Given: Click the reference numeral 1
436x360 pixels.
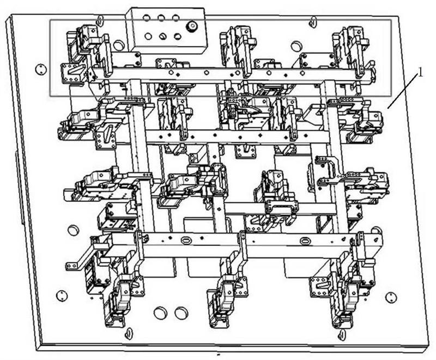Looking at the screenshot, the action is click(420, 73).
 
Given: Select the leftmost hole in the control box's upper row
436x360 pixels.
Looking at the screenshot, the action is click(146, 18).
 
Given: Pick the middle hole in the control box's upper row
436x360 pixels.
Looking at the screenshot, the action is click(161, 19).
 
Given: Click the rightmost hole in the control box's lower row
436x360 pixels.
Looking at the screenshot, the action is click(177, 37).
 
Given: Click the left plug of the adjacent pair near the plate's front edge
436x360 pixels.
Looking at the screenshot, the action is click(160, 313).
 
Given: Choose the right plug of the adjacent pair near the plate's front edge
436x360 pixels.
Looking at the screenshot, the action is click(181, 313).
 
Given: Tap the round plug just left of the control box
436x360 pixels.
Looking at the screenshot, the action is click(119, 45).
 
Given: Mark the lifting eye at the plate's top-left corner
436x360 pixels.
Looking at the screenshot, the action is click(100, 20).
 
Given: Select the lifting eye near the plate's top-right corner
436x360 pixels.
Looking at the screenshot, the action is click(313, 21).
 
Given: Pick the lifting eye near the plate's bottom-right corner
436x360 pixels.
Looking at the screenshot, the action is click(342, 334).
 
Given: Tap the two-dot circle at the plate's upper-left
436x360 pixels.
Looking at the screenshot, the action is click(40, 69).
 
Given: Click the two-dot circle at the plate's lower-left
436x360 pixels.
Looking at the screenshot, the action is click(62, 296).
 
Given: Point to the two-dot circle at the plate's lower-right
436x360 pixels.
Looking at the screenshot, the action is click(391, 297).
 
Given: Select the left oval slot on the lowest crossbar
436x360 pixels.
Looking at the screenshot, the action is click(186, 240).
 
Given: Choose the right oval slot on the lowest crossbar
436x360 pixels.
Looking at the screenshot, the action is click(305, 240).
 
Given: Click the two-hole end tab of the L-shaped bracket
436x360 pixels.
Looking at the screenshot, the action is click(72, 266).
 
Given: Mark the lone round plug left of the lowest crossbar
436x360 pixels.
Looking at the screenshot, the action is click(73, 230).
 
